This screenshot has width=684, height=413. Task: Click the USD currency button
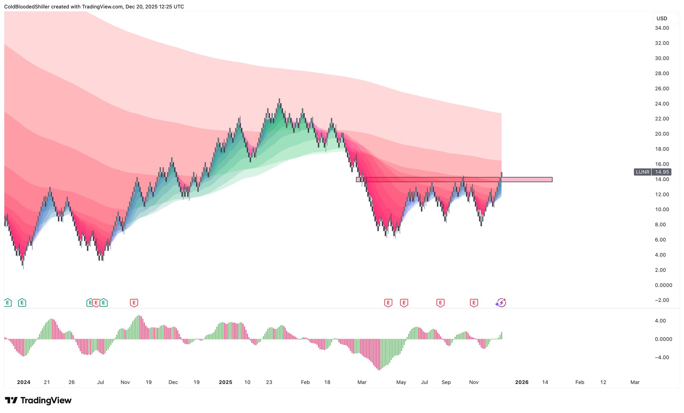click(x=662, y=19)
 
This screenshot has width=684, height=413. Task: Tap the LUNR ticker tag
click(x=642, y=172)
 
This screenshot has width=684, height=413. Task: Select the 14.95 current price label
click(x=662, y=172)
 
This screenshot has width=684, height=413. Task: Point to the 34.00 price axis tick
click(x=662, y=28)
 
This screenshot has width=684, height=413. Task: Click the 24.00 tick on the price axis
click(x=662, y=104)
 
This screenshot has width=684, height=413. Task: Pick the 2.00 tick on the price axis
click(x=660, y=270)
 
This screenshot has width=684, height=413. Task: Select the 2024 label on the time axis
click(x=24, y=382)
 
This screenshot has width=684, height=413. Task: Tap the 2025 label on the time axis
click(x=226, y=382)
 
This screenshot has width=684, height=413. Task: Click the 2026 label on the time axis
click(x=522, y=382)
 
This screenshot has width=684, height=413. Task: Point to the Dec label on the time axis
click(x=173, y=382)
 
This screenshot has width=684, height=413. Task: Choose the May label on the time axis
click(x=401, y=382)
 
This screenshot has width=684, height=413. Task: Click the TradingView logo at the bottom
click(x=38, y=400)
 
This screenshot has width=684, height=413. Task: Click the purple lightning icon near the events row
click(x=501, y=303)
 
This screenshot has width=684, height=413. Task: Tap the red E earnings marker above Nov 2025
click(x=473, y=303)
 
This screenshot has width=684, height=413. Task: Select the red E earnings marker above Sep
click(x=440, y=303)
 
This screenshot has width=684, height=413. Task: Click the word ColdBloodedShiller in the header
click(x=27, y=7)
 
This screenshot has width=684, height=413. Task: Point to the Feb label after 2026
click(x=579, y=382)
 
